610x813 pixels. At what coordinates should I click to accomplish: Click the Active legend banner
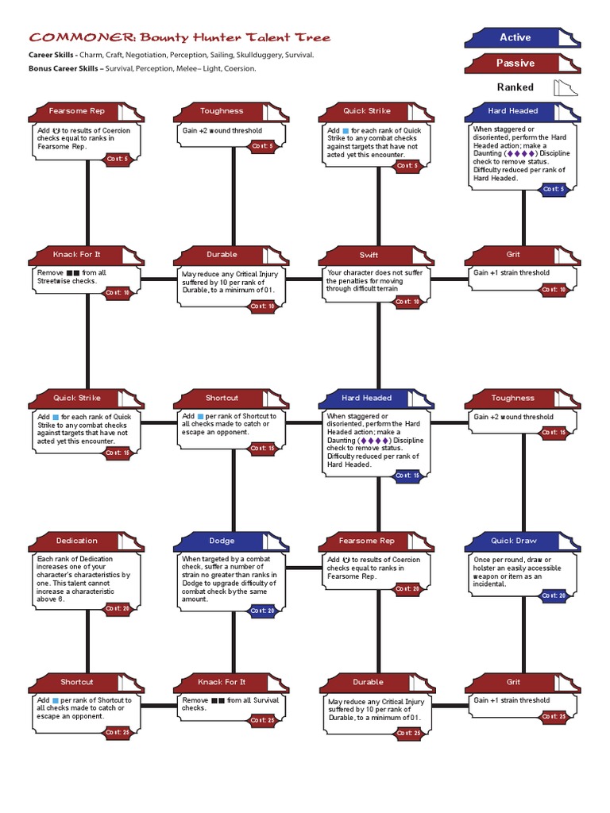click(x=515, y=37)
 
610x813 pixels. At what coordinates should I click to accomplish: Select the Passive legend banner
click(x=515, y=63)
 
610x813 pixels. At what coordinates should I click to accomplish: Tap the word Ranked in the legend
click(x=515, y=87)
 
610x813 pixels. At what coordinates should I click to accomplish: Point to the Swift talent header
click(x=369, y=255)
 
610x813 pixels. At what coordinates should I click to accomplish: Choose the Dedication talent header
click(x=77, y=541)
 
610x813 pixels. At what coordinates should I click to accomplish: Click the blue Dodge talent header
click(x=222, y=541)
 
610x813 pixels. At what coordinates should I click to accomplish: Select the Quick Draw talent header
click(x=513, y=541)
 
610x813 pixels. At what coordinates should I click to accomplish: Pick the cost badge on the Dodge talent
click(x=261, y=611)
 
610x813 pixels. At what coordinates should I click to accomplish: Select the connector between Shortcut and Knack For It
click(x=160, y=705)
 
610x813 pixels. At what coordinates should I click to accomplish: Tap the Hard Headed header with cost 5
click(x=513, y=111)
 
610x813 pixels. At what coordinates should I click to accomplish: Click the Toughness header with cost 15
click(x=513, y=398)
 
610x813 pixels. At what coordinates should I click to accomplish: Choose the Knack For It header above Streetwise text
click(x=77, y=255)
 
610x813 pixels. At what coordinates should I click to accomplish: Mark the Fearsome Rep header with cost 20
click(x=367, y=541)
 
